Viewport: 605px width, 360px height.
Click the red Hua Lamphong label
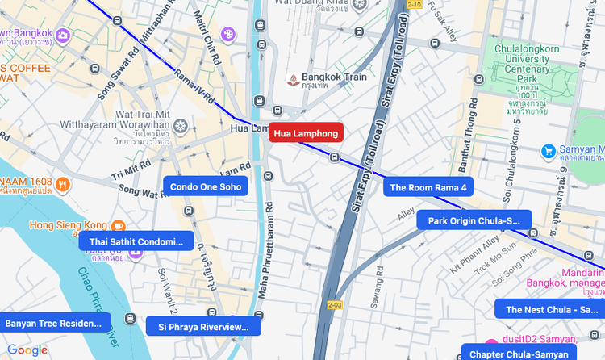[306, 133]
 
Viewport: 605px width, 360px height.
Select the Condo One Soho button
[205, 186]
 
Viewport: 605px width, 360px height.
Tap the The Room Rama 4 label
[428, 188]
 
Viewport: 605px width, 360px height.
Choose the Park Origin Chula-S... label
[474, 220]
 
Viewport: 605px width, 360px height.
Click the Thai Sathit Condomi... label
[136, 241]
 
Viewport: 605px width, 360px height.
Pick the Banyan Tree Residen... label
[55, 324]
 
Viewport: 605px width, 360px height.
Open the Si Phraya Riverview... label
[203, 326]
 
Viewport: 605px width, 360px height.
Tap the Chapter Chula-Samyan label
[519, 354]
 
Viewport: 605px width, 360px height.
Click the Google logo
[27, 350]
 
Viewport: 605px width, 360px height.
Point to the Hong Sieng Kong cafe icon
[118, 225]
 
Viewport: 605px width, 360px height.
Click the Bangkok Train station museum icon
[293, 80]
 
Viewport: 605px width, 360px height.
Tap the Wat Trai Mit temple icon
[179, 126]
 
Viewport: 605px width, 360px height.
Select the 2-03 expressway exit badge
[336, 305]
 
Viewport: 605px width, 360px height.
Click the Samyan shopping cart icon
[549, 150]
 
